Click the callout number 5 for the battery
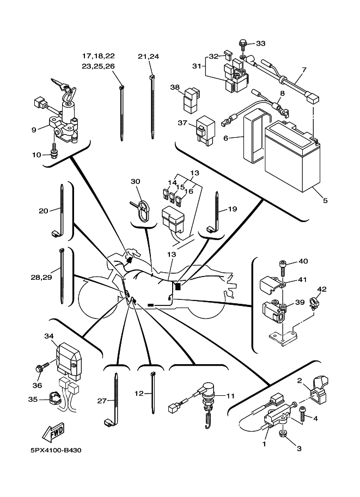point(325,200)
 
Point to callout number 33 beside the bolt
point(260,43)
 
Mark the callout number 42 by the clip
point(322,289)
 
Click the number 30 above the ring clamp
point(136,181)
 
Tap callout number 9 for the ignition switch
point(34,130)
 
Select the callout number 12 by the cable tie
point(139,392)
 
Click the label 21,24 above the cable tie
point(148,56)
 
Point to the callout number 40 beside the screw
point(303,261)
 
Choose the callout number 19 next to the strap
point(232,208)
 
